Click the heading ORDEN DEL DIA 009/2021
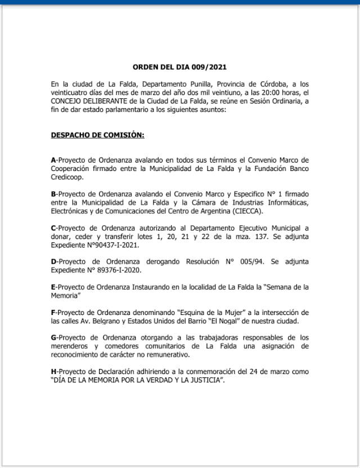pyautogui.click(x=179, y=66)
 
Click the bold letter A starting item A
pyautogui.click(x=53, y=160)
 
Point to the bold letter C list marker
pyautogui.click(x=53, y=228)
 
